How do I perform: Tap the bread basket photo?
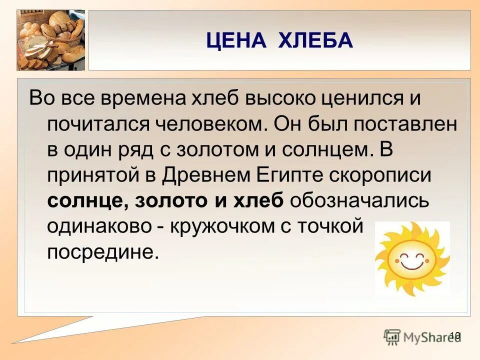pyautogui.click(x=50, y=40)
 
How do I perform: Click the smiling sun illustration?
pyautogui.click(x=412, y=259)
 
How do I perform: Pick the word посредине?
pyautogui.click(x=102, y=252)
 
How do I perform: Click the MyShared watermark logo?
pyautogui.click(x=422, y=336)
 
